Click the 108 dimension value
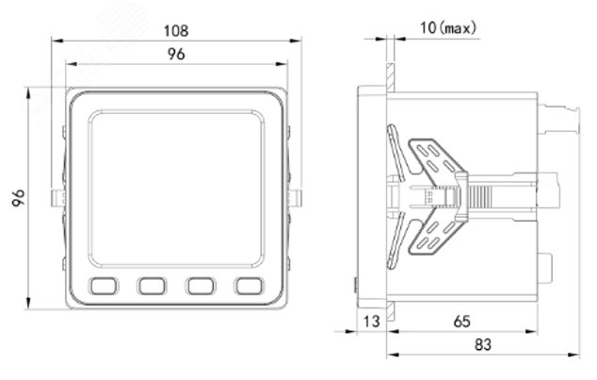(x=176, y=31)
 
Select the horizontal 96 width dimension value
(x=176, y=54)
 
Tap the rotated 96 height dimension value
(x=18, y=198)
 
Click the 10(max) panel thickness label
(x=448, y=28)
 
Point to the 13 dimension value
(x=372, y=322)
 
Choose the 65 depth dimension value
(x=461, y=322)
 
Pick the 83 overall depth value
(x=483, y=344)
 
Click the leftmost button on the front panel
(x=104, y=286)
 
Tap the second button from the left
(x=152, y=286)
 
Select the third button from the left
(x=201, y=286)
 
